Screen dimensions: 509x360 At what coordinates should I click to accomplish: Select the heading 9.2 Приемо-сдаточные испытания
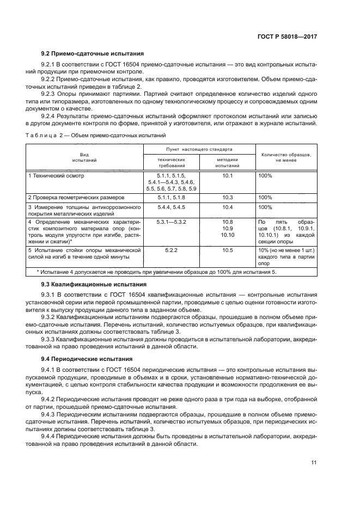tap(93, 54)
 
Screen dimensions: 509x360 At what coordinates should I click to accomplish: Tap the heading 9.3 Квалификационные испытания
tap(94, 284)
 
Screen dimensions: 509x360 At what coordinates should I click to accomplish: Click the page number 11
tap(314, 463)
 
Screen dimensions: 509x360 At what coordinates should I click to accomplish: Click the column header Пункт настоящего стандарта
tap(199, 149)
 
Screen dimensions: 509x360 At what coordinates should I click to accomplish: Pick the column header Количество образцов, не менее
tap(286, 157)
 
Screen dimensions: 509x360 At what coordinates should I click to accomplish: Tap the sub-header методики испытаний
tap(227, 161)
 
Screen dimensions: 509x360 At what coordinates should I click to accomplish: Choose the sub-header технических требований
tap(171, 161)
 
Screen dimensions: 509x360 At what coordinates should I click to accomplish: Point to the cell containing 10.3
tap(227, 197)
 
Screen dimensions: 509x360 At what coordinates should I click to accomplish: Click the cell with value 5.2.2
tap(171, 250)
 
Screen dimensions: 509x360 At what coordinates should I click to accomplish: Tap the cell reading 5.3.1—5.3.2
tap(171, 222)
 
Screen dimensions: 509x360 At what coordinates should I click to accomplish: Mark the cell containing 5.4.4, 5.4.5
tap(171, 207)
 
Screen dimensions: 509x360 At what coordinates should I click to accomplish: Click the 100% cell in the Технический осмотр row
tap(265, 176)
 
